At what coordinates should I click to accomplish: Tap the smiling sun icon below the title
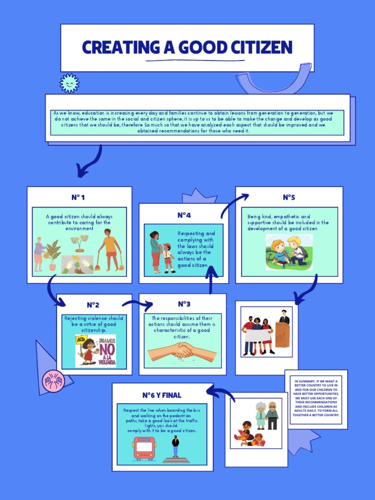tap(69, 83)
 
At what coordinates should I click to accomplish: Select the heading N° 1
tap(78, 198)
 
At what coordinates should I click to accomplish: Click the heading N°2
tap(93, 305)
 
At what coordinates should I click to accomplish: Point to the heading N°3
tap(184, 304)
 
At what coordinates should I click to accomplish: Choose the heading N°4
tap(184, 215)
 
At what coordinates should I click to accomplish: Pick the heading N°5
tap(289, 198)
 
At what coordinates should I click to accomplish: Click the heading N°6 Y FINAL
tap(162, 395)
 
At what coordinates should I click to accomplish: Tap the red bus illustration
tap(145, 448)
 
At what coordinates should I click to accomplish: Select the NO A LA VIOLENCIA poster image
tap(96, 350)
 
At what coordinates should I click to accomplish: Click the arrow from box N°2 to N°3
tap(137, 305)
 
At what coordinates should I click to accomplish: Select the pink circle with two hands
tap(54, 379)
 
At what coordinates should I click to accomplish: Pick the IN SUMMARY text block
tap(316, 398)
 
